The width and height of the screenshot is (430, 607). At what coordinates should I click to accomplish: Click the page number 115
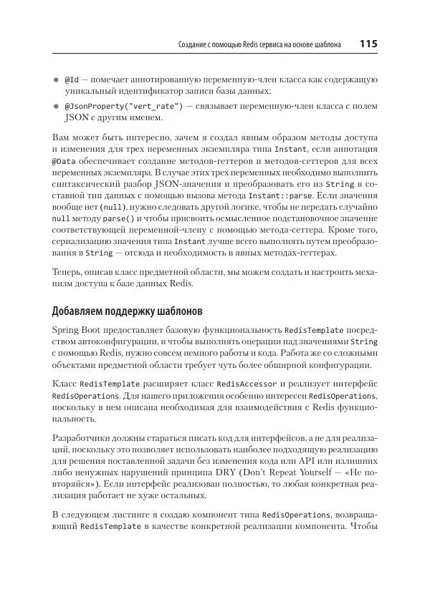point(368,45)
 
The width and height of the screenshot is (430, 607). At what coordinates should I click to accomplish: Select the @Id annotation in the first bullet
point(72,79)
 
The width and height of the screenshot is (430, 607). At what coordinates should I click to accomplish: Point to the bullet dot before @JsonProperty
point(57,106)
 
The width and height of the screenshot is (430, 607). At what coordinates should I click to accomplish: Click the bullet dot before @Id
point(57,79)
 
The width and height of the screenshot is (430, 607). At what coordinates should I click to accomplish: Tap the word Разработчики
point(80,436)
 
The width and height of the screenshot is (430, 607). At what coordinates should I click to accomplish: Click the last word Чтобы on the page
point(365,528)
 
